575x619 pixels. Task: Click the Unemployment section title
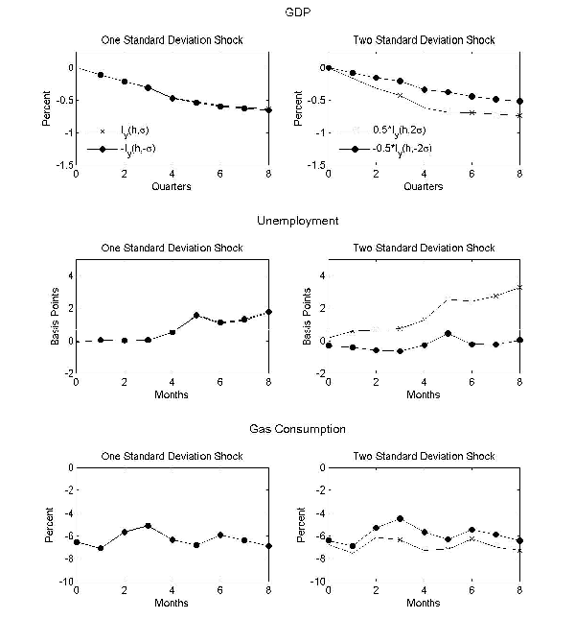(297, 221)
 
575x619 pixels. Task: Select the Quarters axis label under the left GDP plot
(171, 186)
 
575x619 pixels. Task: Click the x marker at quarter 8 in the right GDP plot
(519, 115)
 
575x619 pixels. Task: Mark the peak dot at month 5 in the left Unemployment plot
(195, 315)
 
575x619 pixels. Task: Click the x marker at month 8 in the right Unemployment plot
(519, 287)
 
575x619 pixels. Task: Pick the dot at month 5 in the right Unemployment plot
(448, 333)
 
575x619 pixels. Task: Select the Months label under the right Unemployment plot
(424, 394)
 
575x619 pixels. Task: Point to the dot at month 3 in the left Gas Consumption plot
(148, 526)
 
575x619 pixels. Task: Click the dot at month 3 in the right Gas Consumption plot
(400, 518)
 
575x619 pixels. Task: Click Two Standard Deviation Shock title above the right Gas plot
(425, 455)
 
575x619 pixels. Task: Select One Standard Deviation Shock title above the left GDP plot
(172, 39)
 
